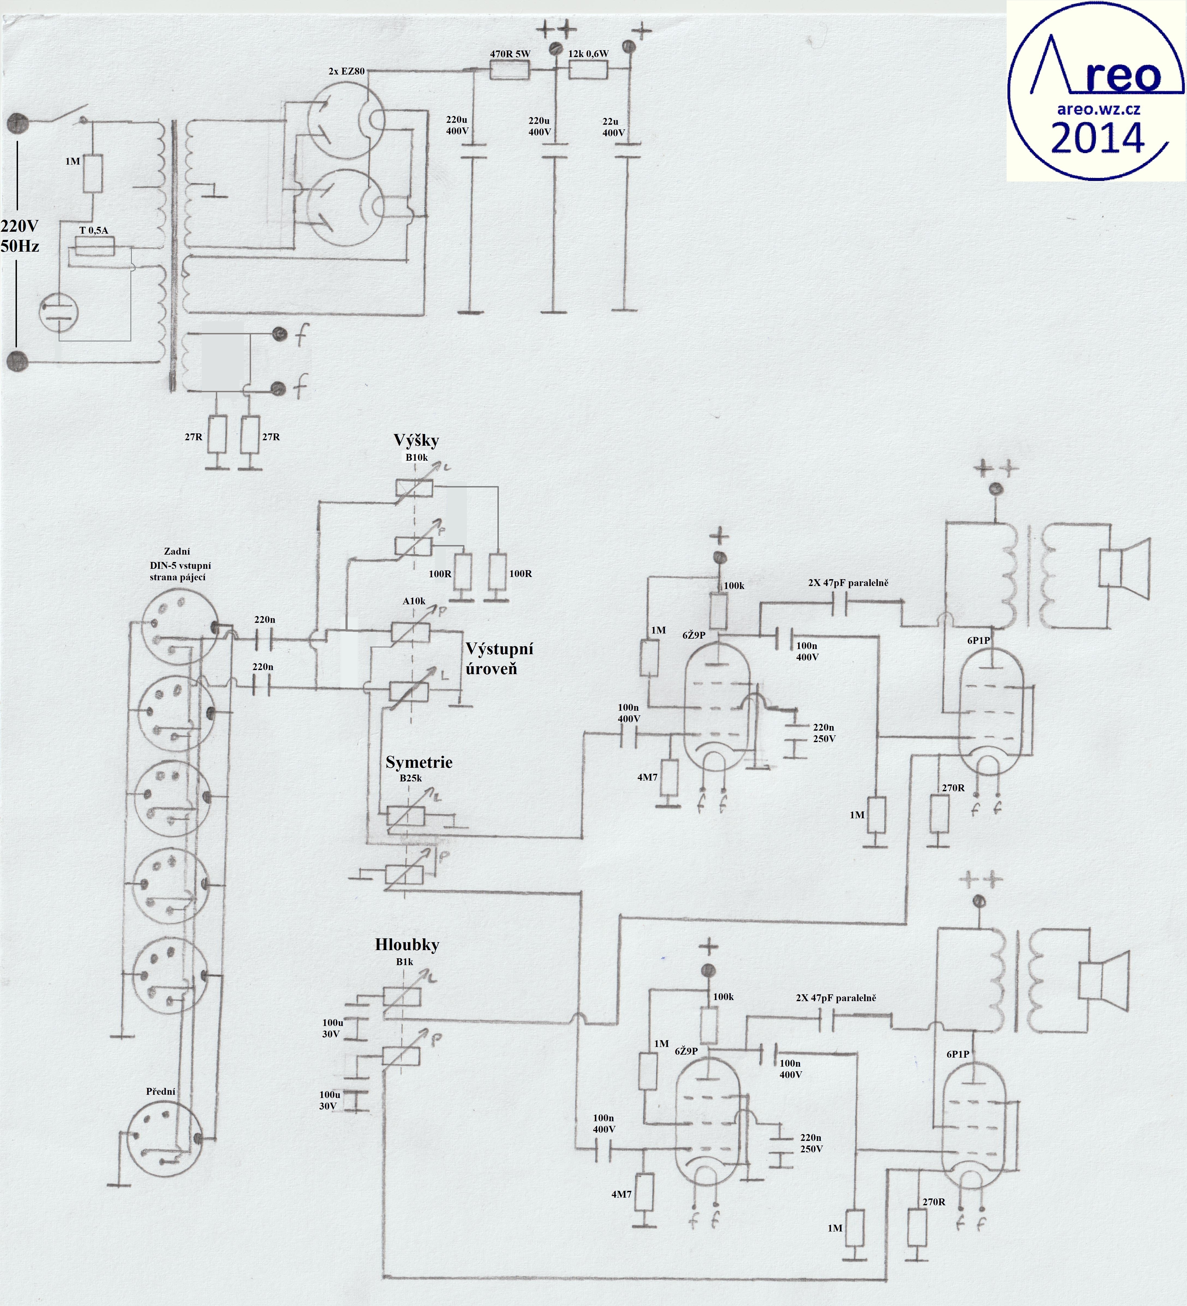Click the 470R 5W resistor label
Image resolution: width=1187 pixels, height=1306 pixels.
point(510,54)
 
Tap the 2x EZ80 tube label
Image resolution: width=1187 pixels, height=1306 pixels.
point(347,71)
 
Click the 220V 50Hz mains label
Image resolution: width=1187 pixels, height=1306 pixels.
point(19,236)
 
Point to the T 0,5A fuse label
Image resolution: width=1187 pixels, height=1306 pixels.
point(93,230)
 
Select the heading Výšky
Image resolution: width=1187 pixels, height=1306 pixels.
point(416,441)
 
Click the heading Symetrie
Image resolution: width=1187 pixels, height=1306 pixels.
point(419,763)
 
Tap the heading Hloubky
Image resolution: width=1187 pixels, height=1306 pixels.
point(407,945)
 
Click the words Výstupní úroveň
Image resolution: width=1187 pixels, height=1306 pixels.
point(499,659)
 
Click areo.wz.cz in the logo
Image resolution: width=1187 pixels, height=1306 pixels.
point(1099,109)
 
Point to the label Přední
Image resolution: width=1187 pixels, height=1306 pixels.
point(161,1091)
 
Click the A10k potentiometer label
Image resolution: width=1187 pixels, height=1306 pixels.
point(414,601)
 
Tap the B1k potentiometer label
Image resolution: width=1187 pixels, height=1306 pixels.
point(405,962)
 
